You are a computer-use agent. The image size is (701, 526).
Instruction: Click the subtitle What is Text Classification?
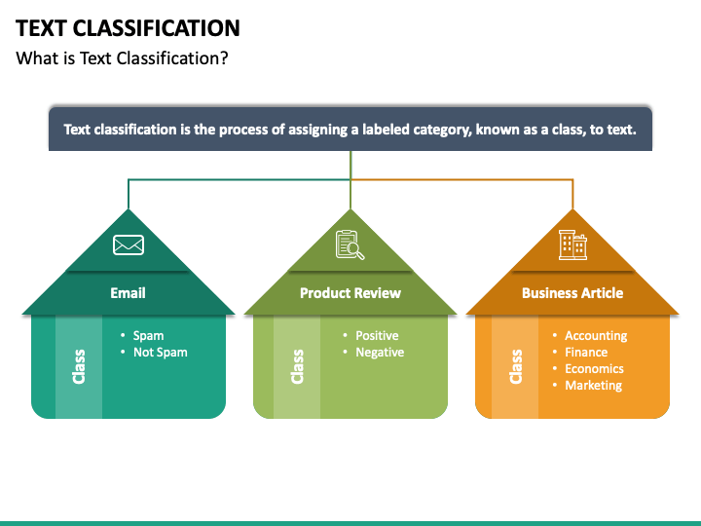click(x=122, y=57)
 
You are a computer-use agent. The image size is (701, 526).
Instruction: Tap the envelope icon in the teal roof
click(x=129, y=244)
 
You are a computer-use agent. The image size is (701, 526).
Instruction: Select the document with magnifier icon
click(x=350, y=244)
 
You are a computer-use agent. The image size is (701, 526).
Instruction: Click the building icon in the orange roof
click(x=572, y=244)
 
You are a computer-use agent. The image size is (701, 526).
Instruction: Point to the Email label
click(x=128, y=292)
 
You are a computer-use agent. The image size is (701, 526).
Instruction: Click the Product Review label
click(x=350, y=292)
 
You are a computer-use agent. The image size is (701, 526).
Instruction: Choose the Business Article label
click(x=572, y=292)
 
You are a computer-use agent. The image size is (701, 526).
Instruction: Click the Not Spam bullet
click(x=160, y=352)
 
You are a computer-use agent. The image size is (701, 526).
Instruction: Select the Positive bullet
click(x=377, y=335)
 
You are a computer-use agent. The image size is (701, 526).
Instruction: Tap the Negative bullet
click(x=379, y=352)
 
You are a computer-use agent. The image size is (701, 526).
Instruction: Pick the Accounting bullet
click(x=595, y=335)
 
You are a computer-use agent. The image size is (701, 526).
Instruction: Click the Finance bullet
click(x=585, y=352)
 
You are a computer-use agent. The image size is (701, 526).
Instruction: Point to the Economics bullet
click(x=594, y=368)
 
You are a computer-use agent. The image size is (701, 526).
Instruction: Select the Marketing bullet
click(x=593, y=385)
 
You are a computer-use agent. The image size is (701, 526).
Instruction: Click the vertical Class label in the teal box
click(x=79, y=366)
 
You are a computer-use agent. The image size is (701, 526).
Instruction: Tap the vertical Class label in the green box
click(x=297, y=366)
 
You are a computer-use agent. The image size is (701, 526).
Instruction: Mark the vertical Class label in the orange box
click(x=516, y=366)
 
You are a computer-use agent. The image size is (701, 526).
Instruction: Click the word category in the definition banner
click(x=438, y=129)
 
